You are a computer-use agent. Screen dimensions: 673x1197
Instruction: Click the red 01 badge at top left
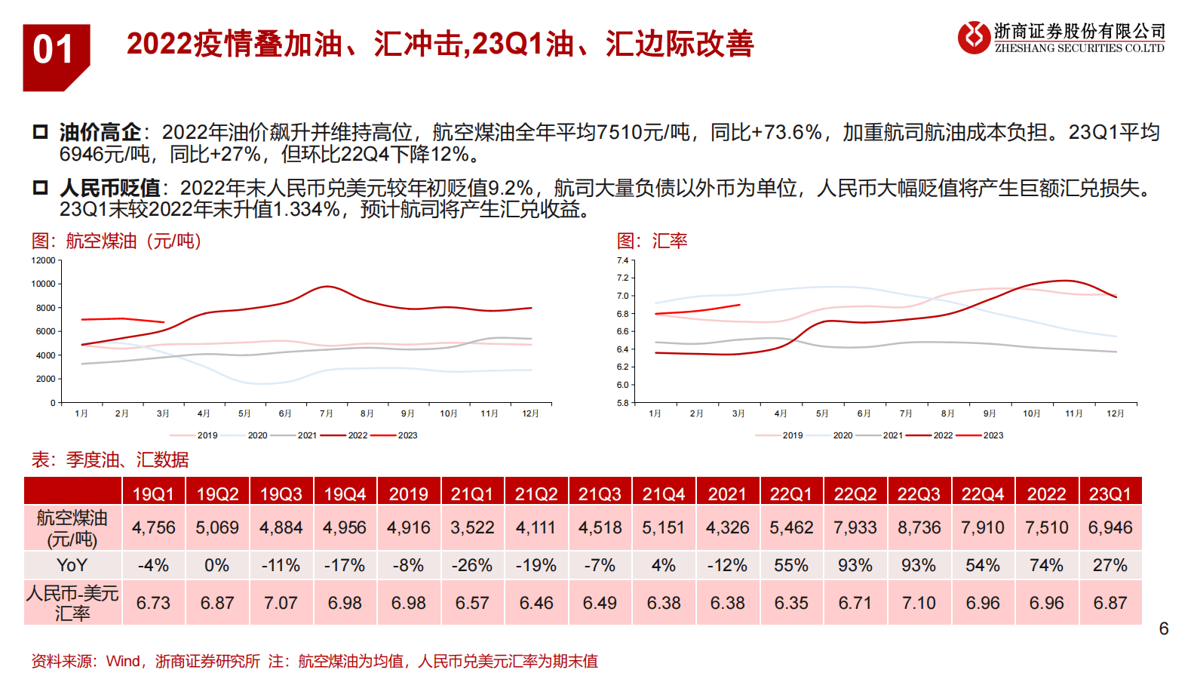tap(54, 53)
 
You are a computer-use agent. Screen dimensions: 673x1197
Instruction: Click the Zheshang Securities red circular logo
tap(973, 37)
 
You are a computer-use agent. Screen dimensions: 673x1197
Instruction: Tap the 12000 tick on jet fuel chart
tap(43, 260)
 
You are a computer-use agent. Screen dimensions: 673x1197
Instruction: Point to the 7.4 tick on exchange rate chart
tap(622, 260)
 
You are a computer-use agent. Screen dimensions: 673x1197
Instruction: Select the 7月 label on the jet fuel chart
tap(326, 413)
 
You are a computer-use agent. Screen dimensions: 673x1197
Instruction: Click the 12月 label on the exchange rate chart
tap(1115, 413)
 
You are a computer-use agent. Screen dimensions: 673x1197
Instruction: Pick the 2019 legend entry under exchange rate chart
tap(792, 435)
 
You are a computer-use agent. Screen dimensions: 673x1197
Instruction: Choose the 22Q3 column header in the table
tap(919, 494)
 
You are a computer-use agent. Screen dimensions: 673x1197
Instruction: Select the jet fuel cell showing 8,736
tap(919, 527)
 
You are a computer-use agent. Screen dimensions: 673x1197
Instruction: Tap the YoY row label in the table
tap(72, 565)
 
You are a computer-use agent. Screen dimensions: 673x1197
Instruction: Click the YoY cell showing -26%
tap(472, 565)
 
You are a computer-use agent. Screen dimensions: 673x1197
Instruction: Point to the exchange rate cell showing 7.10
tap(919, 603)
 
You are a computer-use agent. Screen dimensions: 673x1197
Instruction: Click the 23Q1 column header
tap(1110, 494)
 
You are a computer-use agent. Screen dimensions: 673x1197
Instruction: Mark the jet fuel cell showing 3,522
tap(472, 527)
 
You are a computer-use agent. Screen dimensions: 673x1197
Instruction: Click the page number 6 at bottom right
tap(1163, 628)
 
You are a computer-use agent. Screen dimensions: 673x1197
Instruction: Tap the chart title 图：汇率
tap(652, 241)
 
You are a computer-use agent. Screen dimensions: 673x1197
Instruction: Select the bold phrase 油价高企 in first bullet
tap(100, 133)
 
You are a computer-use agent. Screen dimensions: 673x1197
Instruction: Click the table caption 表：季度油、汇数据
tap(110, 459)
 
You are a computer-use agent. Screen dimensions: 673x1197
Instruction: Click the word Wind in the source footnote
tap(123, 661)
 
